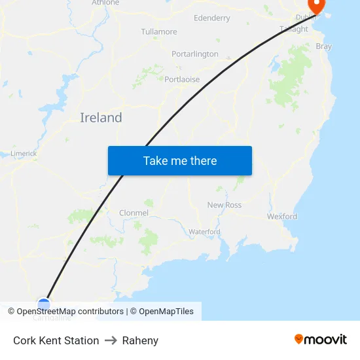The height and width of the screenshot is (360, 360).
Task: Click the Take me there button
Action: point(180,161)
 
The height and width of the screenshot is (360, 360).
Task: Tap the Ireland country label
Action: point(101,118)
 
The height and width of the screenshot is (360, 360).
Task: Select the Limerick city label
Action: point(24,154)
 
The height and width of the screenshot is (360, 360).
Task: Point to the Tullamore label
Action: point(159,31)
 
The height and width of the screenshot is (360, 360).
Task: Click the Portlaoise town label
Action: point(182,80)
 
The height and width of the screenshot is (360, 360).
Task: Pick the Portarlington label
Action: point(195,54)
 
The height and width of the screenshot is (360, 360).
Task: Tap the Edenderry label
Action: point(212,18)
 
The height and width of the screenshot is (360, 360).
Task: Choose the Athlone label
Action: point(105,3)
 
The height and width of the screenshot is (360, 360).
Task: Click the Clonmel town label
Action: point(134,213)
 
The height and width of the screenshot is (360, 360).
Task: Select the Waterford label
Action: point(204,232)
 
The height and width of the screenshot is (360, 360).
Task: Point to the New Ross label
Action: point(225,205)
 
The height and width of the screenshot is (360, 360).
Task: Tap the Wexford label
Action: point(282,217)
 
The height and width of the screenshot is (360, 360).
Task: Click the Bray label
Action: point(323,46)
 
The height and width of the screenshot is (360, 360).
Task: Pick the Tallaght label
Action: point(294,29)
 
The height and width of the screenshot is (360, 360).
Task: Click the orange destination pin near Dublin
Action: point(317,6)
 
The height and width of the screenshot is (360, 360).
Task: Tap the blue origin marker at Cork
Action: point(44,303)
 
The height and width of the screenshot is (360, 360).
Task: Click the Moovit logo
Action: point(321,340)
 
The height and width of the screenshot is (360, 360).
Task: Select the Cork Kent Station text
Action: point(56,340)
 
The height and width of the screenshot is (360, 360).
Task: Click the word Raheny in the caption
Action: point(140,340)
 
